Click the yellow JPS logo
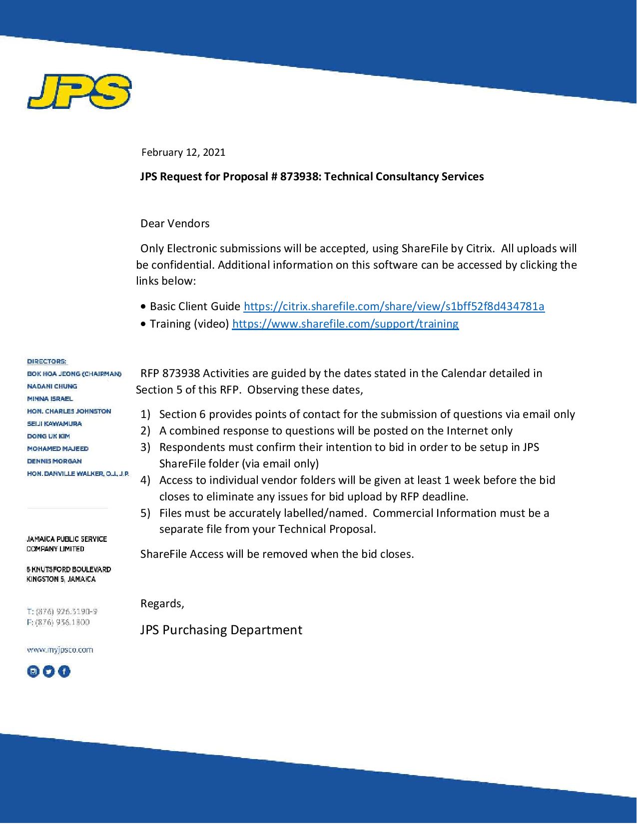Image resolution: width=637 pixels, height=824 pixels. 79,92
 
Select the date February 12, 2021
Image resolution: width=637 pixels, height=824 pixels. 183,152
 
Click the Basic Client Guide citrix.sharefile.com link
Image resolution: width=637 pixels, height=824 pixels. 394,306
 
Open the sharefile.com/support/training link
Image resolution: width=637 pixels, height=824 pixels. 345,324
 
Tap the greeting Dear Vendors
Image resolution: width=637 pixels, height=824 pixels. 175,223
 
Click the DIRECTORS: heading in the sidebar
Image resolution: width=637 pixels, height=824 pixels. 47,361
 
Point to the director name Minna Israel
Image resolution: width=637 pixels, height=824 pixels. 50,399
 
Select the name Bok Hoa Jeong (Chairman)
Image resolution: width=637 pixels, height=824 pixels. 74,374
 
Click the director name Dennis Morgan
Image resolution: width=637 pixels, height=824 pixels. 54,461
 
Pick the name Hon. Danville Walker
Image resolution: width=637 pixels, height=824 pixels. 77,473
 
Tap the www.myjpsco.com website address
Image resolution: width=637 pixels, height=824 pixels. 60,650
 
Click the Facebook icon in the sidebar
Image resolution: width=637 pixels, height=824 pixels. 64,672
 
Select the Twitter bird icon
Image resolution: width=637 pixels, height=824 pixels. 48,672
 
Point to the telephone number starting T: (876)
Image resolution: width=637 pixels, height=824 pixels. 62,611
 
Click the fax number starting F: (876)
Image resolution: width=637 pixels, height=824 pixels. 58,622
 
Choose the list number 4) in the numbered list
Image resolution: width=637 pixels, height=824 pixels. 145,480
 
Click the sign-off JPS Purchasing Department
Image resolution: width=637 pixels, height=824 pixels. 221,630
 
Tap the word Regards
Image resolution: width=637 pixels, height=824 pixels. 162,604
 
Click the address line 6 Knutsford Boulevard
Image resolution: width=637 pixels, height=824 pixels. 69,569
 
